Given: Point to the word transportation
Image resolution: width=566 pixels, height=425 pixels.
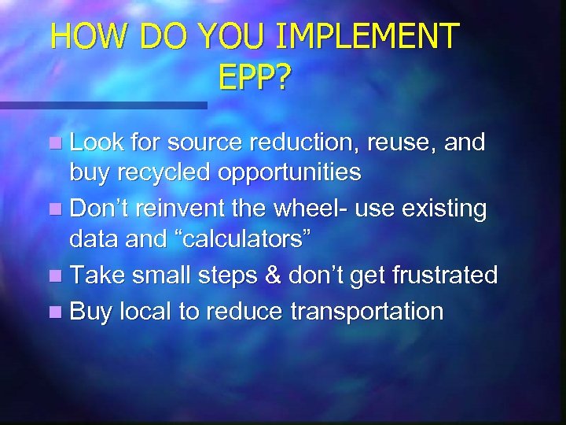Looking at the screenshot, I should tap(369, 311).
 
